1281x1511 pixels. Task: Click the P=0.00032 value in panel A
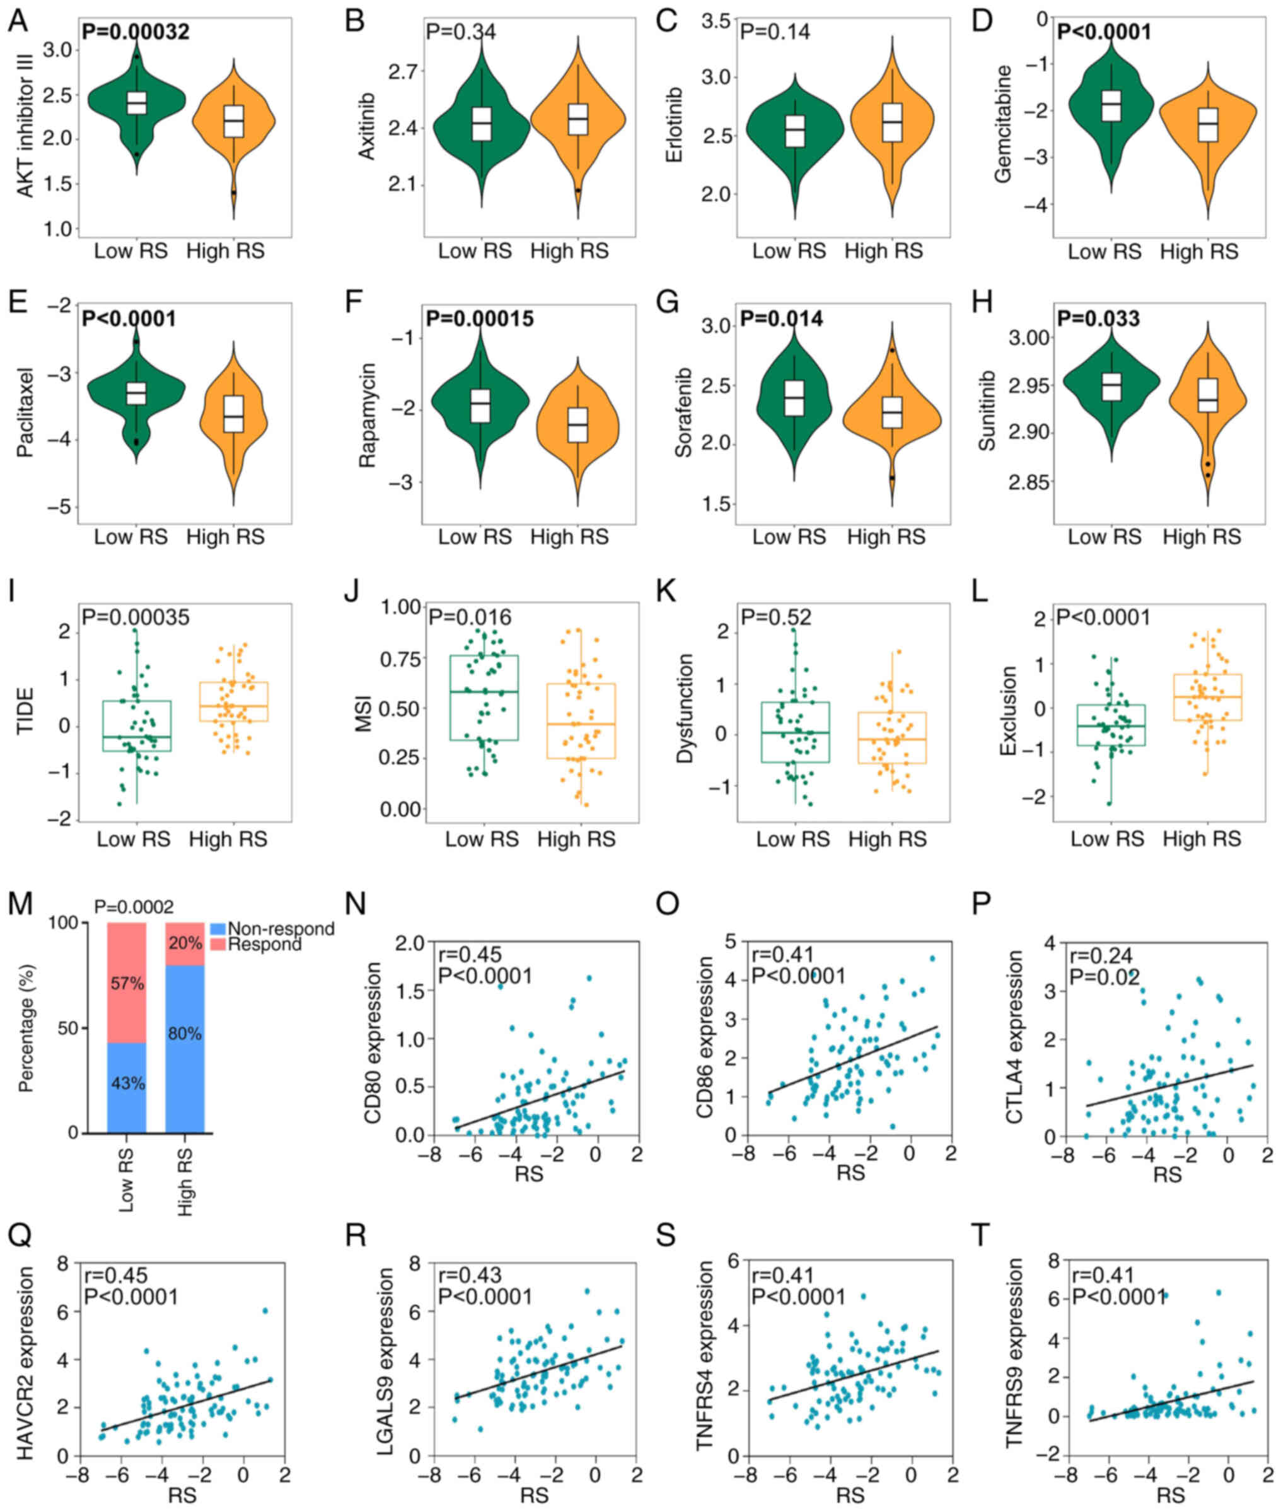click(135, 32)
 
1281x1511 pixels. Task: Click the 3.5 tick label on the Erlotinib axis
click(716, 21)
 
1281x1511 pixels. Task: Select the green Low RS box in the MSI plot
click(484, 697)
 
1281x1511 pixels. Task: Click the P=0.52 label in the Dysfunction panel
click(775, 617)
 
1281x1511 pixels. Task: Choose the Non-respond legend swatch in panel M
click(217, 928)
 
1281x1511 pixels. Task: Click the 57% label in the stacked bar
click(127, 984)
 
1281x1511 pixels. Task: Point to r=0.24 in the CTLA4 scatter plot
click(1101, 956)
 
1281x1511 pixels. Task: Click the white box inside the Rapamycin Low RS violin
click(480, 406)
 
